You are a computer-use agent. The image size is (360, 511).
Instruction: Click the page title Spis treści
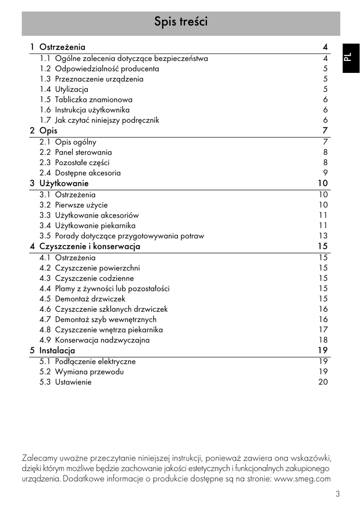point(180,22)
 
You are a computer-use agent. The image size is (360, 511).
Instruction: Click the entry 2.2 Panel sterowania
point(76,152)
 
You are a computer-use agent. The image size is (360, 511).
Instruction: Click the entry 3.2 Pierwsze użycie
point(73,205)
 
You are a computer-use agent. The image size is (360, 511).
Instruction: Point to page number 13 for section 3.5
point(323,236)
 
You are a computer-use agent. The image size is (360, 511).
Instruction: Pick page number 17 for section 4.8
point(323,330)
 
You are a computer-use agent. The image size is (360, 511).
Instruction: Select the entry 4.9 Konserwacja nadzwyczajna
point(95,340)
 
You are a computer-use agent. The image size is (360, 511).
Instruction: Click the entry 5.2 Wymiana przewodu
point(82,372)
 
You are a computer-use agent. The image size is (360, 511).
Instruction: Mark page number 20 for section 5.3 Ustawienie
point(323,382)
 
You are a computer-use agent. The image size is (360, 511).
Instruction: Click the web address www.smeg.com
point(303,479)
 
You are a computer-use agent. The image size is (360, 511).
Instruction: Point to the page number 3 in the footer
point(338,495)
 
